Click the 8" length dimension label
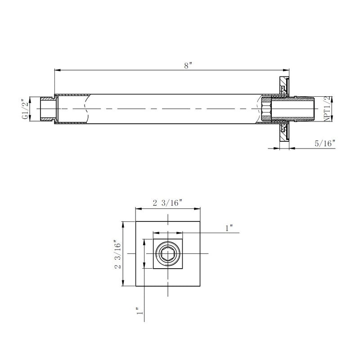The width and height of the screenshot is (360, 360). [188, 65]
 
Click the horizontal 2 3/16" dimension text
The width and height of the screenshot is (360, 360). [167, 203]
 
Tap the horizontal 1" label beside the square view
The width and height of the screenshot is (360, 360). [229, 228]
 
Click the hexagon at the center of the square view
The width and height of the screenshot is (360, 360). [168, 254]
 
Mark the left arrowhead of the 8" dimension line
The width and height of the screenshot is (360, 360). [56, 70]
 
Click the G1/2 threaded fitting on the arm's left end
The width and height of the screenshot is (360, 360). [47, 109]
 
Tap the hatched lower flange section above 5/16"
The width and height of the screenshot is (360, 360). [283, 131]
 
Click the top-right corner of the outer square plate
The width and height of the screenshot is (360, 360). [200, 222]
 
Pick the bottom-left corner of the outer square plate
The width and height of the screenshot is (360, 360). [136, 286]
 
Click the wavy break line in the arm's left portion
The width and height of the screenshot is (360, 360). [85, 109]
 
